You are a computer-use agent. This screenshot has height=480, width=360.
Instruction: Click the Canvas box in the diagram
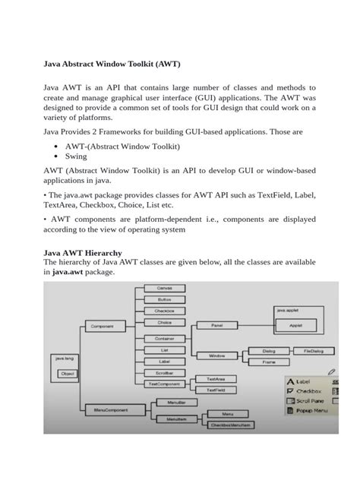[x=165, y=289]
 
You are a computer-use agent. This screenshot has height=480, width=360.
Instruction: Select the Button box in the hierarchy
[x=165, y=301]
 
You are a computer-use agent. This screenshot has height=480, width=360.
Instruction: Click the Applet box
[x=295, y=324]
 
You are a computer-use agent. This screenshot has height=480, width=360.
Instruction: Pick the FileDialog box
[x=313, y=352]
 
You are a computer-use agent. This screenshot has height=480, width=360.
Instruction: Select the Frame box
[x=269, y=363]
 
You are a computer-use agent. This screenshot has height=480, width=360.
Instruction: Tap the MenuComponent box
[x=107, y=410]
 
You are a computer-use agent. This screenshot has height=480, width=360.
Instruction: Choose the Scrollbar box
[x=165, y=374]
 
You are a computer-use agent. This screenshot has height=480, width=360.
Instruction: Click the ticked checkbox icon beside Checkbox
[x=291, y=390]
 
